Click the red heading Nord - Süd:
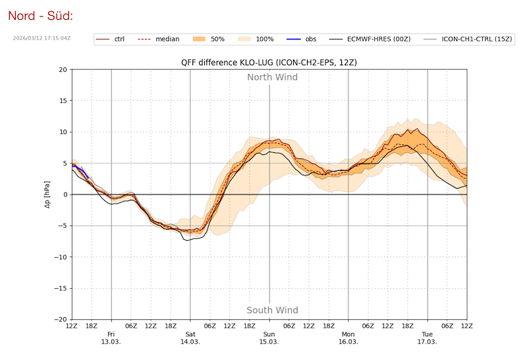pos(40,15)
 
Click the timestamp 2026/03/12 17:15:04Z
pos(42,38)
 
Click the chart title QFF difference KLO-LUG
pos(269,62)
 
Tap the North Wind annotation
pos(272,77)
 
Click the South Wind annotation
pos(272,310)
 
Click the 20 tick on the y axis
pos(62,69)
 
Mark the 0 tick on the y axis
pos(64,195)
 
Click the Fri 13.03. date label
pos(111,338)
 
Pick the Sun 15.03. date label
pos(269,338)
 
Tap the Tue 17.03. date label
pos(428,338)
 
